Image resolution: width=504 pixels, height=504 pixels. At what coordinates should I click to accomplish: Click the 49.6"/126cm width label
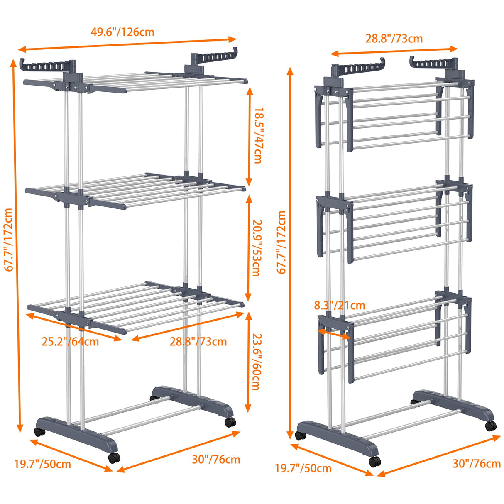(x=122, y=32)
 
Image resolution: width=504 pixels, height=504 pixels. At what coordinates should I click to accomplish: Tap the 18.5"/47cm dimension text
(x=258, y=135)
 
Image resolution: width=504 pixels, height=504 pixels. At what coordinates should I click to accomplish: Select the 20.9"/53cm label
(x=256, y=248)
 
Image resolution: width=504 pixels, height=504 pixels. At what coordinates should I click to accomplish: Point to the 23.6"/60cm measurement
(x=256, y=361)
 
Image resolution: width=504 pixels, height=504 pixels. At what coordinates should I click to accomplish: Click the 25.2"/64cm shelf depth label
(x=70, y=342)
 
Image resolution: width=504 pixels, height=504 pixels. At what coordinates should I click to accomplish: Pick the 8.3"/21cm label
(x=340, y=306)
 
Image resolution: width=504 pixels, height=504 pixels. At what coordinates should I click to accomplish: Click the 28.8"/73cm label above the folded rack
(x=394, y=39)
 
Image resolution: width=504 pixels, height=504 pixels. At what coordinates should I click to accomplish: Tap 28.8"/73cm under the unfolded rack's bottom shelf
(x=198, y=342)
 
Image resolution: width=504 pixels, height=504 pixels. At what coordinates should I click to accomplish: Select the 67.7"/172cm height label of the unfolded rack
(x=9, y=240)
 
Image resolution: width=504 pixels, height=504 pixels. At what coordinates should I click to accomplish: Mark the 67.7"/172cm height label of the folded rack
(x=281, y=242)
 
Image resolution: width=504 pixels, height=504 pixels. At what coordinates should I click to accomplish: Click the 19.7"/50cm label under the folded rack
(x=303, y=469)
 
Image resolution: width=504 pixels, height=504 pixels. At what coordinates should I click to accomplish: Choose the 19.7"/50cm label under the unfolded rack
(x=42, y=464)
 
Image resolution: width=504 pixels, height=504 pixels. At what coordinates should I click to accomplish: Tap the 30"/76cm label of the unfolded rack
(x=216, y=459)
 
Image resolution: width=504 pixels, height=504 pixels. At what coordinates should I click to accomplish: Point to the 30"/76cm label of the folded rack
(x=477, y=463)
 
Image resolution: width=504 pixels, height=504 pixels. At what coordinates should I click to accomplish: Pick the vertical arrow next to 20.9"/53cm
(x=248, y=248)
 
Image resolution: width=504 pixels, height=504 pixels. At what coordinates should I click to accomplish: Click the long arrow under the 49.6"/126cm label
(x=127, y=44)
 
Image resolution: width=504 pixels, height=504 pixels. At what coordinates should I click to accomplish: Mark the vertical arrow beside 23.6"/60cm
(x=248, y=361)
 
